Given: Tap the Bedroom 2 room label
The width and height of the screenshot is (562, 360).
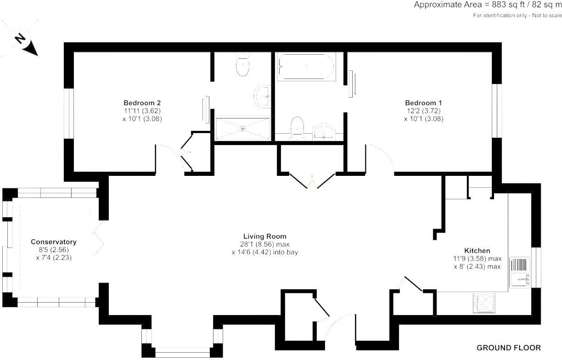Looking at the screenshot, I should [x=142, y=102].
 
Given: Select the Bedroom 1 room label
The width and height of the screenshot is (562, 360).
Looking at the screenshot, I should [x=423, y=102].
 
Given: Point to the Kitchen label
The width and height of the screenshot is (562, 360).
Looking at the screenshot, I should [x=478, y=251].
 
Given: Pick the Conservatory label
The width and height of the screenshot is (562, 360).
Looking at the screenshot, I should [x=54, y=242].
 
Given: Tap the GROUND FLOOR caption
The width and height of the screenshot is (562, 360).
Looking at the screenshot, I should [x=508, y=348].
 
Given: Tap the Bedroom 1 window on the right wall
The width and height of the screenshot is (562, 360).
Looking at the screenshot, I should [x=497, y=110].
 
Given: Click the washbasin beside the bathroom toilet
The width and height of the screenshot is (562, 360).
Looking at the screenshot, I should [x=326, y=132].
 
